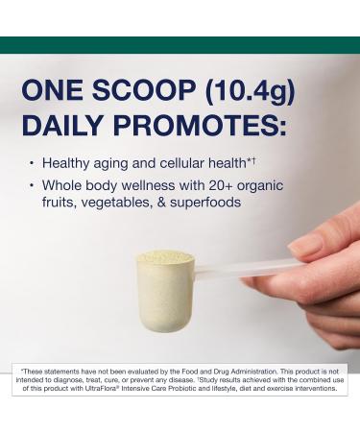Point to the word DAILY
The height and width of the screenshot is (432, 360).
click(x=63, y=128)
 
